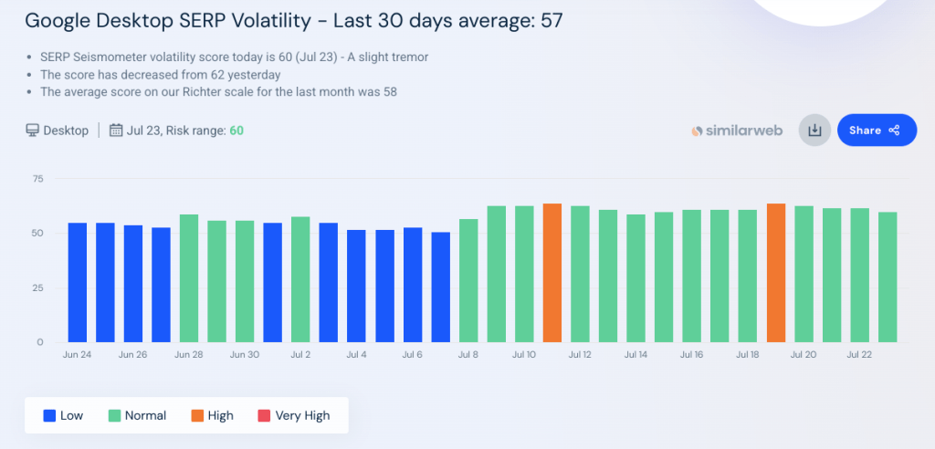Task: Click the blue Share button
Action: [x=876, y=131]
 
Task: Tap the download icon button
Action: [x=814, y=131]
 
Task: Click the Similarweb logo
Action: [x=737, y=131]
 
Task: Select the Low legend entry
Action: [x=63, y=415]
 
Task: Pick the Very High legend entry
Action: [x=293, y=415]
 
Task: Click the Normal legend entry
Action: [x=137, y=415]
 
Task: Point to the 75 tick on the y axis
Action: [x=37, y=178]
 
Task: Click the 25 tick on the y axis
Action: [x=37, y=287]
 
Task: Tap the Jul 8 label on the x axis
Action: [x=467, y=354]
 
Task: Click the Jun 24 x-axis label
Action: [x=77, y=354]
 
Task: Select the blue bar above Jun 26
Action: [x=133, y=283]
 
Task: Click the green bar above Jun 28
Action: [x=189, y=278]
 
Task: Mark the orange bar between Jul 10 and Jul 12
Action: [x=552, y=274]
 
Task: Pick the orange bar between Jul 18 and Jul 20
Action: [x=776, y=274]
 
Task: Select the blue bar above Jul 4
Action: [x=356, y=286]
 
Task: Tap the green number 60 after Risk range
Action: [x=236, y=131]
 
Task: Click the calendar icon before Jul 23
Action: [x=116, y=131]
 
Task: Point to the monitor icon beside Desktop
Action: [x=33, y=131]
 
